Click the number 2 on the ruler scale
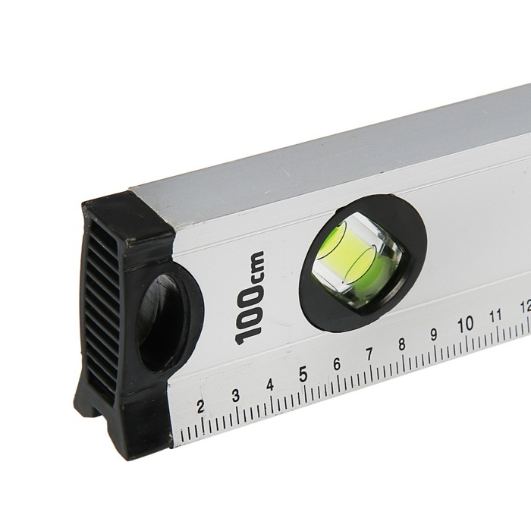pos(200,407)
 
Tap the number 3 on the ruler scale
pos(236,395)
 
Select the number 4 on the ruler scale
pos(270,385)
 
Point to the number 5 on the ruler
pos(303,375)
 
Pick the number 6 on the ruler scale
pos(337,364)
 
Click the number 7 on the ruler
pos(369,354)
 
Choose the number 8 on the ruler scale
pos(401,344)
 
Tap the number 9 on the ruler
pos(433,335)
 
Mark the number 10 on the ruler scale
pos(465,324)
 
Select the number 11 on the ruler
pos(495,316)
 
